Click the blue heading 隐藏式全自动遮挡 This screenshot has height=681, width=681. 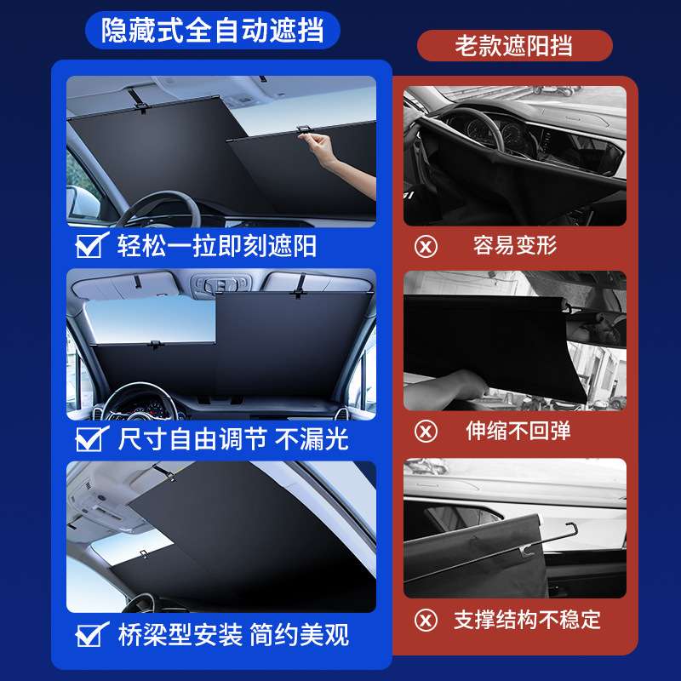coord(212,31)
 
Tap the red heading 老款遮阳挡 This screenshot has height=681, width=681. coord(514,45)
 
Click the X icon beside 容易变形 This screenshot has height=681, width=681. coord(426,247)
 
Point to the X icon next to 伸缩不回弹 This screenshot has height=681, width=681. coord(426,431)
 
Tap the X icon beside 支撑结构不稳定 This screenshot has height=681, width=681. coord(426,619)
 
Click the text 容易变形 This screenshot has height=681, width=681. coord(515,247)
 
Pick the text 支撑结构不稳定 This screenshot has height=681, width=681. coord(527,619)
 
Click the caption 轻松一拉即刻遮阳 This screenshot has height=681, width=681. coord(216,247)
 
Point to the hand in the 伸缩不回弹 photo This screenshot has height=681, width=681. coord(447,387)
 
